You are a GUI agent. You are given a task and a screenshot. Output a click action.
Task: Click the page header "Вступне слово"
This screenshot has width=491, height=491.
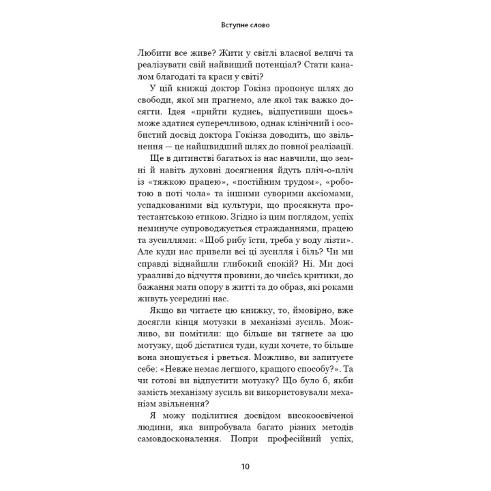(x=245, y=26)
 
